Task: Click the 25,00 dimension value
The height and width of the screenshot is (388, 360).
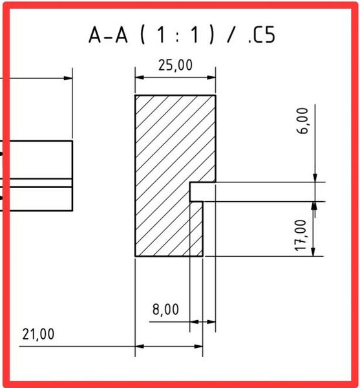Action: [x=175, y=65]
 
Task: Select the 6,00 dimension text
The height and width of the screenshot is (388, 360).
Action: [x=302, y=121]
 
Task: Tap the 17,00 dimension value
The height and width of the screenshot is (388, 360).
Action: [x=301, y=235]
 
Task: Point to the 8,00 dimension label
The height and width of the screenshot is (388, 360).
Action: [x=165, y=310]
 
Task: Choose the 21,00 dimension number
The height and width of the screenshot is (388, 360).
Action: [x=38, y=334]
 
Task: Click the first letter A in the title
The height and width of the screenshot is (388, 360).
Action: [x=95, y=35]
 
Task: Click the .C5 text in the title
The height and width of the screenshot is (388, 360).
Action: [x=262, y=35]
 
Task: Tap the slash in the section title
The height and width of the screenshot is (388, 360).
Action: [x=231, y=35]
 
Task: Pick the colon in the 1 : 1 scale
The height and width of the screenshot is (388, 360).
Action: [x=177, y=38]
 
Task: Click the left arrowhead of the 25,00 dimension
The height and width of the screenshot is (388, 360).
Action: [x=140, y=78]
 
